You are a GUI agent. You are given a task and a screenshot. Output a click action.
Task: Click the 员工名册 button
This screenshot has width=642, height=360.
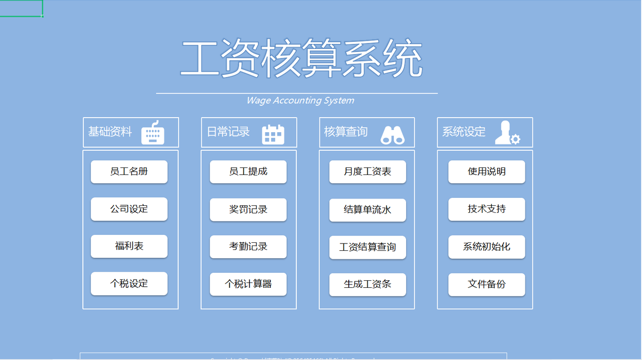click(129, 172)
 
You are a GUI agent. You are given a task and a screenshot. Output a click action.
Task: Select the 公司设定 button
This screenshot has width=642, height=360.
click(129, 209)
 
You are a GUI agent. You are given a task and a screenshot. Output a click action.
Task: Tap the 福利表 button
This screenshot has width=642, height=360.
click(129, 247)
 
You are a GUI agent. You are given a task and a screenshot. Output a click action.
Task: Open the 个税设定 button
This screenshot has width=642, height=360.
click(129, 284)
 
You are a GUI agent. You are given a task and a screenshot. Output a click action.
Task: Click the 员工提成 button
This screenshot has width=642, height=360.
click(248, 172)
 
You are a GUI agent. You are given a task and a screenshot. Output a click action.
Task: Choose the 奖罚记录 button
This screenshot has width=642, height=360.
click(248, 210)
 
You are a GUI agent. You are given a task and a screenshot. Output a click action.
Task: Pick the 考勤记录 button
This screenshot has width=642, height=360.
click(248, 247)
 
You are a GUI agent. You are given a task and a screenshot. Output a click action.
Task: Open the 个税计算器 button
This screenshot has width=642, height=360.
click(248, 284)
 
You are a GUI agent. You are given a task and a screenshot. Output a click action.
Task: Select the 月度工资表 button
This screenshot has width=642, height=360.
click(368, 172)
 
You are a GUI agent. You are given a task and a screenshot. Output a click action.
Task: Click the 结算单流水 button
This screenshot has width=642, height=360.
click(368, 210)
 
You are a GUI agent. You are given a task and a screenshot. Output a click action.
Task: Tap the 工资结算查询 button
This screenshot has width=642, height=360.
click(368, 247)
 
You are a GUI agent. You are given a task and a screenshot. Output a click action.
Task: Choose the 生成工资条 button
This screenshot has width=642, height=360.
click(368, 284)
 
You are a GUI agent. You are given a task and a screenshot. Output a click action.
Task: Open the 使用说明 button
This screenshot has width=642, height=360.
click(486, 172)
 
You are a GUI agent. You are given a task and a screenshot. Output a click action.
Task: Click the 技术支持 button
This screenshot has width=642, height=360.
click(486, 209)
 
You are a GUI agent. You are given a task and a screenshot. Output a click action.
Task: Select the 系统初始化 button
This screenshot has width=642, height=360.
click(486, 247)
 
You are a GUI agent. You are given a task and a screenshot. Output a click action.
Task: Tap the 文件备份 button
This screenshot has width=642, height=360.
click(486, 284)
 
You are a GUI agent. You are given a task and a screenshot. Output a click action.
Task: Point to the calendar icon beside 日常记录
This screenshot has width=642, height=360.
click(273, 134)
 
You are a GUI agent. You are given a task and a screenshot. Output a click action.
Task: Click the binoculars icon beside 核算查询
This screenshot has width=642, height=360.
click(392, 135)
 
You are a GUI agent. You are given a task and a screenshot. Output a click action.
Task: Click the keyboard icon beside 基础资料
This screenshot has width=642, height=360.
click(153, 133)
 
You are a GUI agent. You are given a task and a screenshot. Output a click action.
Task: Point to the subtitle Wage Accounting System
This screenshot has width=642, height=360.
click(300, 101)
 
